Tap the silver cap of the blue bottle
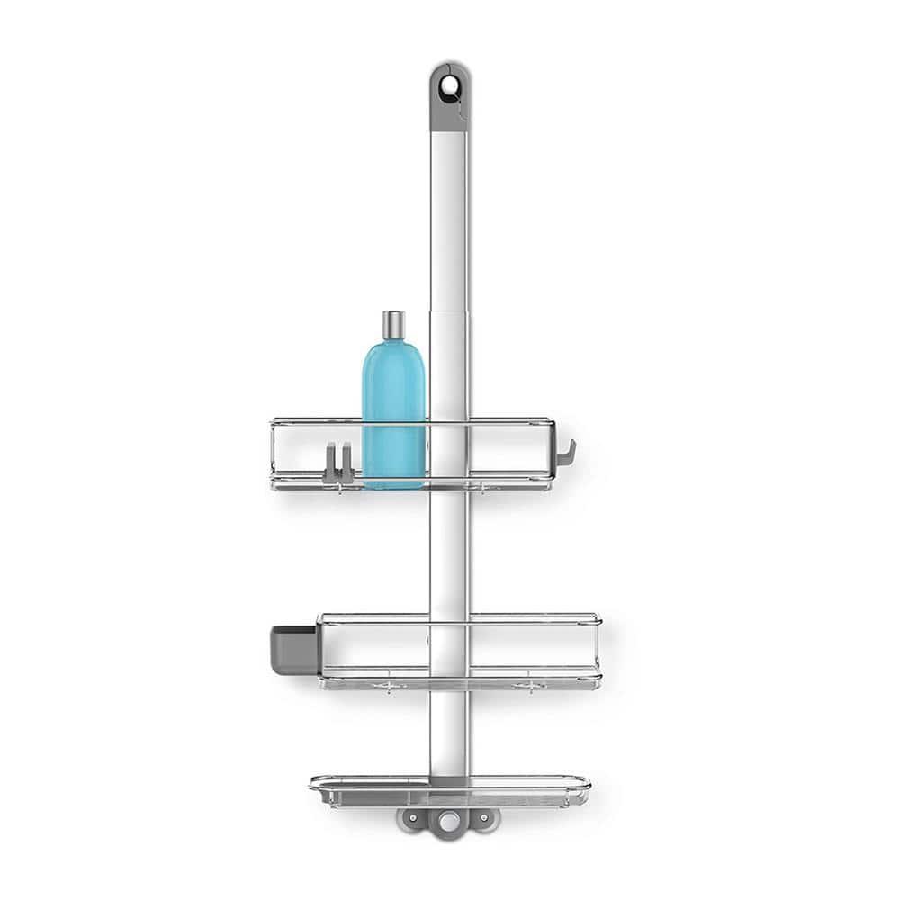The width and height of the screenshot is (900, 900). pos(393,325)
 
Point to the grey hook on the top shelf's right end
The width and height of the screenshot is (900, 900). pos(565,454)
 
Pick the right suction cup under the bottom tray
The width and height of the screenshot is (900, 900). pos(483,819)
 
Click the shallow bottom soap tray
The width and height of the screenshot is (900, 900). pos(450,789)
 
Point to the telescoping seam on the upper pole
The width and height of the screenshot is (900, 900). pos(448,311)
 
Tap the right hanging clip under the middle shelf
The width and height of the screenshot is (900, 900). pos(531,687)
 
